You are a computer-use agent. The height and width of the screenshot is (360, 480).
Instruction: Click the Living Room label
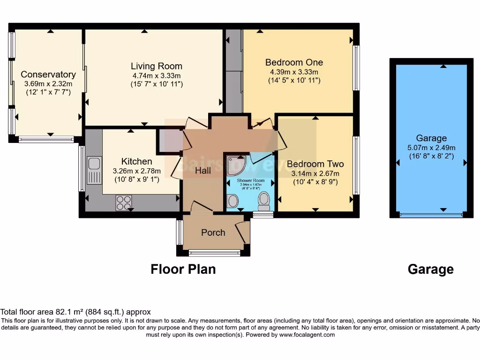(156, 66)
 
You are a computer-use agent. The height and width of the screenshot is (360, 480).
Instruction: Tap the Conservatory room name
(48, 75)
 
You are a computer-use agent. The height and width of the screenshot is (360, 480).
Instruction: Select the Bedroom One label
(294, 62)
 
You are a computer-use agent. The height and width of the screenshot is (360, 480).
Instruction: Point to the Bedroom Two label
(315, 164)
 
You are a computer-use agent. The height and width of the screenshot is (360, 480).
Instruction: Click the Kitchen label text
(136, 161)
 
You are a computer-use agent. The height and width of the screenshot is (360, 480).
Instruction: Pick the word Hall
(203, 171)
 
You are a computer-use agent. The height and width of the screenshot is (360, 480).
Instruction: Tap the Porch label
(213, 232)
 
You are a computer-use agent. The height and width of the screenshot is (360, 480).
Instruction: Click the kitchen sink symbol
(94, 171)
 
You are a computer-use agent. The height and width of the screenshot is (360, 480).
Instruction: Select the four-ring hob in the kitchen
(124, 202)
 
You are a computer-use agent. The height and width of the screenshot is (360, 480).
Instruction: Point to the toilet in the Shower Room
(264, 201)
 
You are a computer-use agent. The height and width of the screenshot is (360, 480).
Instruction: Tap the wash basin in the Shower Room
(232, 202)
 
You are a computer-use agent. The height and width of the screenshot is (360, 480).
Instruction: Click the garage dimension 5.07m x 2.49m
(431, 147)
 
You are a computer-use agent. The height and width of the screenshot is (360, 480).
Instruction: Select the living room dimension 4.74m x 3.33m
(156, 75)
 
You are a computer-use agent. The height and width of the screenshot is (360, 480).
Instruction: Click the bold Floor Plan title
(183, 269)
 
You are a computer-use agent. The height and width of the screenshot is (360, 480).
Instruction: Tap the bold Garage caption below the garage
(430, 269)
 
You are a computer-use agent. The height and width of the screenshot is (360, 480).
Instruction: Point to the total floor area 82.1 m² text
(75, 312)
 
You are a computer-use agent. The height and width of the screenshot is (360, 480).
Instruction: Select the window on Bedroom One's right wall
(356, 68)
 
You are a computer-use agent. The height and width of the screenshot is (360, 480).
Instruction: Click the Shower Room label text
(250, 180)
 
